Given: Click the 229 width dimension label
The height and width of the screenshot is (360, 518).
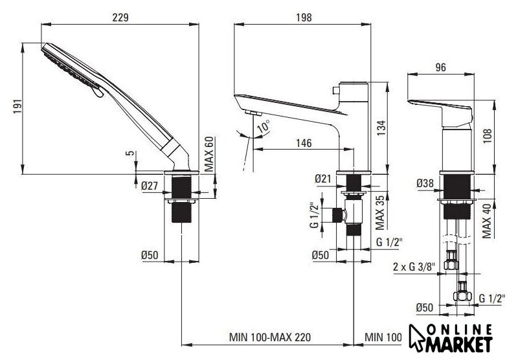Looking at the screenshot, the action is (120, 17).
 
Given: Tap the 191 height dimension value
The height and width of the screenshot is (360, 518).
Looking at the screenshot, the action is (18, 106).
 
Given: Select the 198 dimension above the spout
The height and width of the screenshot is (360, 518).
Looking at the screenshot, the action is (304, 17).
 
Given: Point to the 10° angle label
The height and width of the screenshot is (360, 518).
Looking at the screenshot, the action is (264, 126).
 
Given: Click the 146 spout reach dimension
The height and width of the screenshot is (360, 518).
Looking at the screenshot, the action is (304, 143).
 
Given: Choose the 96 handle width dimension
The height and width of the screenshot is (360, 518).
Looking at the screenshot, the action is (441, 67).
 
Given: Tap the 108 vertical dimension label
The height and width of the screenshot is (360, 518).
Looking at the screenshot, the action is (488, 136).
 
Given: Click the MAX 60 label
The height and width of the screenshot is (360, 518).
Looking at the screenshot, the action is (209, 154).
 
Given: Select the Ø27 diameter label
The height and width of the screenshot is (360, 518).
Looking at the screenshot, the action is (150, 186).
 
